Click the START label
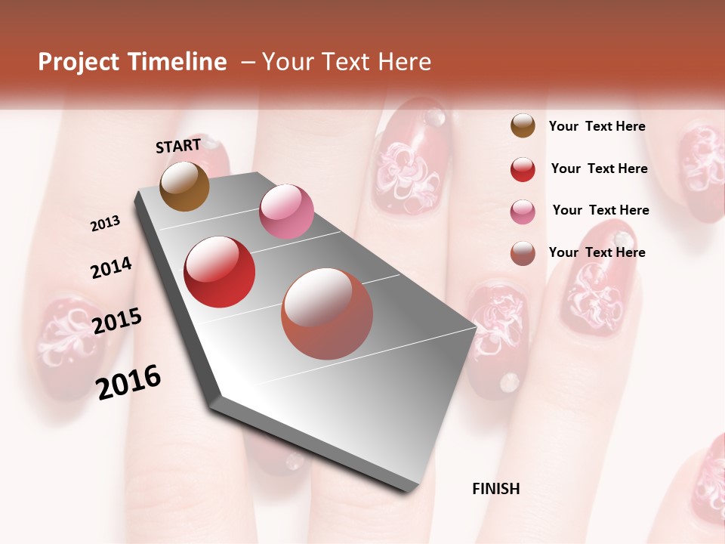[x=178, y=145]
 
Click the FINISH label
[x=495, y=489]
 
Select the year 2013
[x=106, y=224]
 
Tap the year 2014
[x=111, y=267]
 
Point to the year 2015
[x=117, y=321]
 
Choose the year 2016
[x=128, y=382]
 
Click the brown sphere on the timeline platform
[x=184, y=186]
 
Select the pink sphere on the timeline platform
[x=286, y=211]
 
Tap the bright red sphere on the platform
[x=220, y=272]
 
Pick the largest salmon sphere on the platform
[x=327, y=314]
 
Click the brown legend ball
[x=523, y=126]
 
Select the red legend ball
[x=523, y=169]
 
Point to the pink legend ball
[x=523, y=211]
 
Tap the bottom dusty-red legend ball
[x=523, y=253]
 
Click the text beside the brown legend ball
[x=597, y=126]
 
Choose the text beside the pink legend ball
[x=600, y=210]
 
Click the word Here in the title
[x=404, y=62]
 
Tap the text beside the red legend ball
[x=599, y=168]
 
